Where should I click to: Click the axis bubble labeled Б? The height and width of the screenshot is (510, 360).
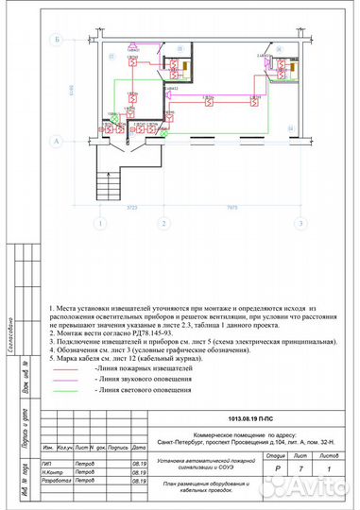(x=58, y=40)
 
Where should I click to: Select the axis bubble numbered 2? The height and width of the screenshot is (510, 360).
(x=163, y=224)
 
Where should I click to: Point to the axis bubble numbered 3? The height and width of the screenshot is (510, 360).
(x=300, y=224)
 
